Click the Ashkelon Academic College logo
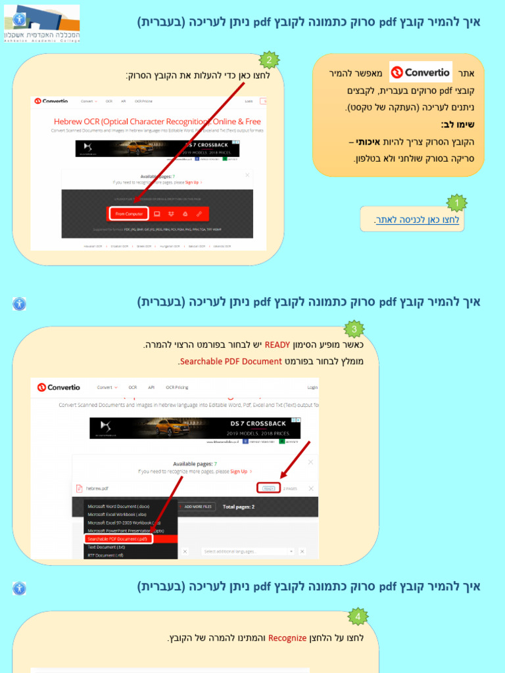pos(41,24)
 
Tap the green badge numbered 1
pos(456,203)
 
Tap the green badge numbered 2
pos(268,60)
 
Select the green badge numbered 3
pos(354,329)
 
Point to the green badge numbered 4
pos(358,616)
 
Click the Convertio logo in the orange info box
pos(421,72)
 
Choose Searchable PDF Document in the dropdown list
pos(118,538)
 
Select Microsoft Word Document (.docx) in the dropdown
pos(119,506)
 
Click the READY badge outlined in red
pos(268,488)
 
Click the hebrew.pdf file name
pos(97,488)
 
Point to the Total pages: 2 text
pos(239,507)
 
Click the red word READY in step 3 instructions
pos(277,345)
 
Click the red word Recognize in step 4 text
pos(287,638)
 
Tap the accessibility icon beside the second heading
pos(20,304)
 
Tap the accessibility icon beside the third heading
pos(20,588)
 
